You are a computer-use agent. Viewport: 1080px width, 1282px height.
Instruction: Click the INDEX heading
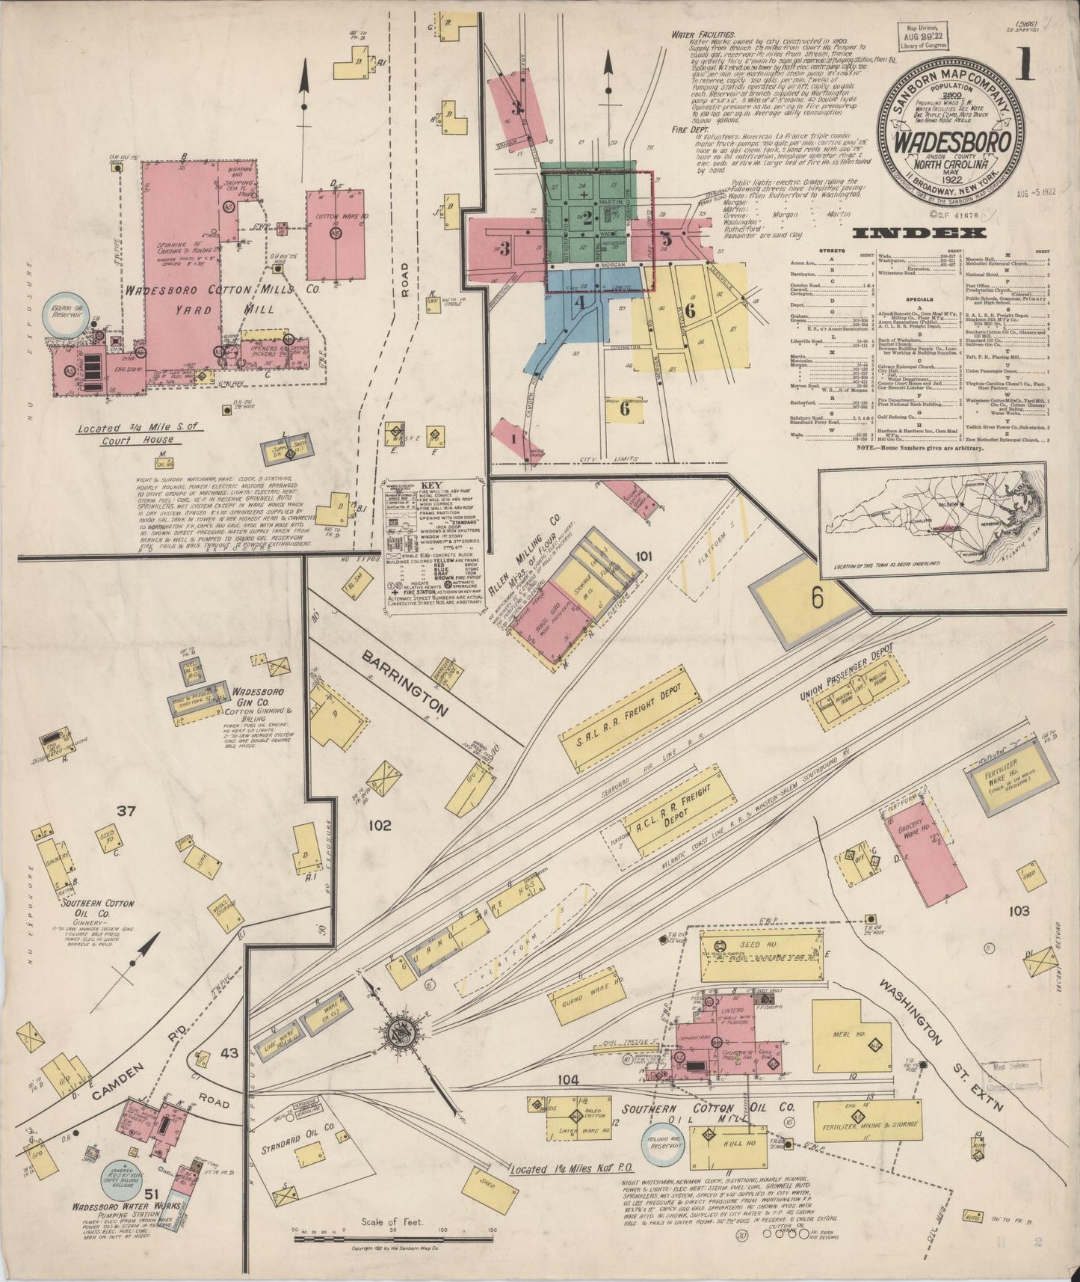click(919, 233)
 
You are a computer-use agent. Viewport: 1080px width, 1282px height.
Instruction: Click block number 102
click(380, 826)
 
